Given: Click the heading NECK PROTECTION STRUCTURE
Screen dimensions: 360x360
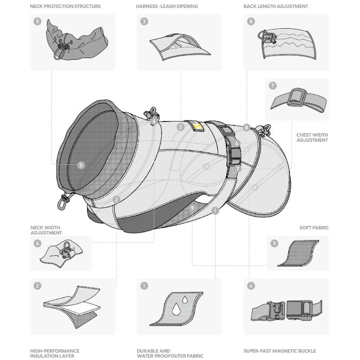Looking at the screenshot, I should pos(65,7).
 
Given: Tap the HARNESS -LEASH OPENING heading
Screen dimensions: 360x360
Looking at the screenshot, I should pos(167,7).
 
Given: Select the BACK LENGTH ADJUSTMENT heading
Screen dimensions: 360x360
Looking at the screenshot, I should pos(276,7).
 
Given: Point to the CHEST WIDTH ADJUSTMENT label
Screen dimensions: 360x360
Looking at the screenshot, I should pos(312,137).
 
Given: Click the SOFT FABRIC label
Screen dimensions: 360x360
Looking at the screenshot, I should pos(314,228).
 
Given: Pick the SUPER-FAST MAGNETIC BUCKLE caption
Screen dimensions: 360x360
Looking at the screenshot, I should pos(280,351).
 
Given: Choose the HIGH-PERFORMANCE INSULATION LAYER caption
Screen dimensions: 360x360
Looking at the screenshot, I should pos(55,353).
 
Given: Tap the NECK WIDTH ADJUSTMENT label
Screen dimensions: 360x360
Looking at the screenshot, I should pos(45,230).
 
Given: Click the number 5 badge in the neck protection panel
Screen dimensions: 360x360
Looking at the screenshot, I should pos(37,21).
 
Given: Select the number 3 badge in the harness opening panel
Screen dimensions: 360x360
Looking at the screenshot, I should pos(144,21).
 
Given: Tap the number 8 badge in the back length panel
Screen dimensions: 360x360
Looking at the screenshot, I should pos(251,21).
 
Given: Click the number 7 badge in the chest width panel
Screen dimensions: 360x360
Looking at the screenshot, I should pos(273,85).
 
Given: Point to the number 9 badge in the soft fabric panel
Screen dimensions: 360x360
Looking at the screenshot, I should pos(274,243).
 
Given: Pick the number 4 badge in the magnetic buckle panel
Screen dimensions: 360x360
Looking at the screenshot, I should pos(251,286).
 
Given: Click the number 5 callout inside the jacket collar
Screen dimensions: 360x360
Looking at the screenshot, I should pos(81,165).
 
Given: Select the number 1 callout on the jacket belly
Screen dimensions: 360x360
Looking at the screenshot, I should pos(215,210).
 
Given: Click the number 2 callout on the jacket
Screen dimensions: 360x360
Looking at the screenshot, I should pos(116,199).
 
